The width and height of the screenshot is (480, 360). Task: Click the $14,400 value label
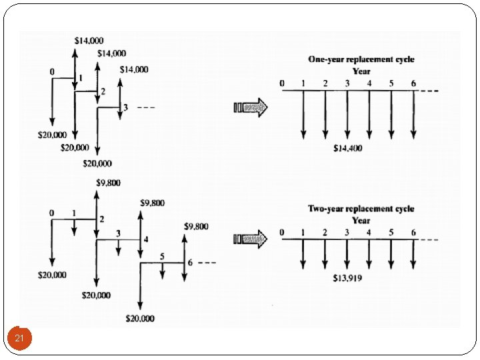348,148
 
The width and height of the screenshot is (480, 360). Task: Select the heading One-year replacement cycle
361,59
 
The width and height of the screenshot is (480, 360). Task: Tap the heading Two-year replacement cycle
361,209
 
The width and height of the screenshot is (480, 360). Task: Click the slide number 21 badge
19,339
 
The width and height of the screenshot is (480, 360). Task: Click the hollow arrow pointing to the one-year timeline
250,107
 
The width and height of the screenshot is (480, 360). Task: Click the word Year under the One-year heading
361,71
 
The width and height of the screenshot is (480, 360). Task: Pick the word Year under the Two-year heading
361,220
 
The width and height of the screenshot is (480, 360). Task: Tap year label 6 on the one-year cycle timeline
413,83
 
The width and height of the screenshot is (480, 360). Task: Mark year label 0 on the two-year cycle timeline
282,232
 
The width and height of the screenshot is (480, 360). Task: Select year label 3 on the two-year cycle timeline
347,232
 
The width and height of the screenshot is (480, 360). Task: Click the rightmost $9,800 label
196,227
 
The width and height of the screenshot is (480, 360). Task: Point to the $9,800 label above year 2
107,183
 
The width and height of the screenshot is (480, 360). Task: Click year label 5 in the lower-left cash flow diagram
162,256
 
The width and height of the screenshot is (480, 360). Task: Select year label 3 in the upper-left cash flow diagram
125,107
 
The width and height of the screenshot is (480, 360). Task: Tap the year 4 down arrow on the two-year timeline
369,253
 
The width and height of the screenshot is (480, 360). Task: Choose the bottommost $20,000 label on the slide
140,319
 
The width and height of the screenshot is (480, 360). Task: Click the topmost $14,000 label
88,41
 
